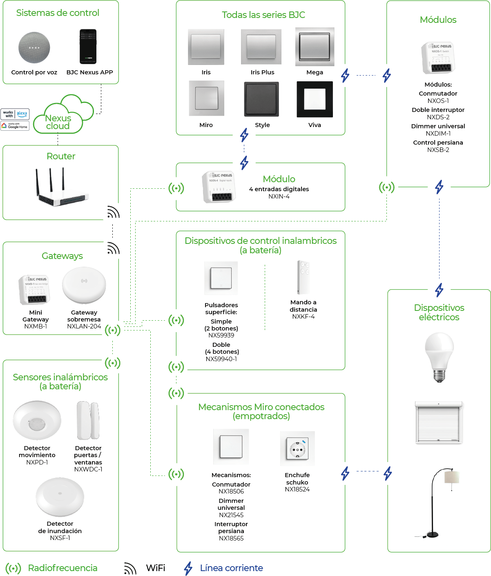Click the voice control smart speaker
click(34, 47)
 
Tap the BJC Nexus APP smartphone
click(88, 47)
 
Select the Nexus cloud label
click(58, 122)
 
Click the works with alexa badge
click(15, 114)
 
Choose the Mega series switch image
click(315, 47)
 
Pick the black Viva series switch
click(315, 99)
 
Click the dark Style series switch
click(261, 99)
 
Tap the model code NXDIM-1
click(438, 134)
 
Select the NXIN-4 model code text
click(279, 196)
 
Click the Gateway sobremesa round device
click(84, 285)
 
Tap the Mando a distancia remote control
click(303, 277)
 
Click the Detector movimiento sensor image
click(37, 421)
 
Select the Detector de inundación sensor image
click(60, 497)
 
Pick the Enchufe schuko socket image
click(297, 449)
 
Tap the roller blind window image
click(439, 422)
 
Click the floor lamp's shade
click(452, 477)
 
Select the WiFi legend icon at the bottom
click(130, 568)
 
